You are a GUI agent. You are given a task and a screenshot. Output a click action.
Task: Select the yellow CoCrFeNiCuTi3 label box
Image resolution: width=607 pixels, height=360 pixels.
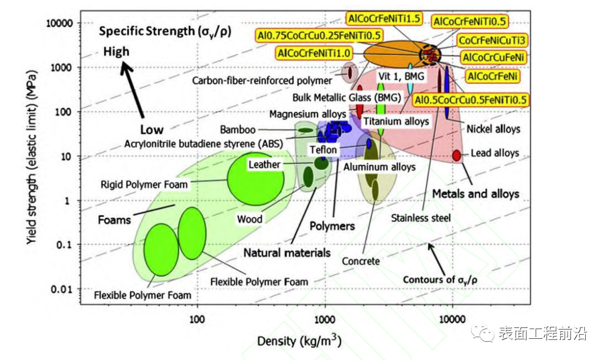click(x=493, y=40)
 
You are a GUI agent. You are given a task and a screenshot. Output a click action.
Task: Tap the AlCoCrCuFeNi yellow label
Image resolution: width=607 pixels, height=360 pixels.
click(x=494, y=58)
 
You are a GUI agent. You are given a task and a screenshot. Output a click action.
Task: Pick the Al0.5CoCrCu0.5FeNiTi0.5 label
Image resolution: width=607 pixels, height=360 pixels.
click(x=470, y=100)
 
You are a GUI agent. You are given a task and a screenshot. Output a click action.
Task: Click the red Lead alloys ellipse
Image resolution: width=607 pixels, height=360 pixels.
click(x=457, y=155)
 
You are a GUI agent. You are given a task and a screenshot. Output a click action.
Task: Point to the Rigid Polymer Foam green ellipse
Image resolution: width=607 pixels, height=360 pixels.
click(x=252, y=179)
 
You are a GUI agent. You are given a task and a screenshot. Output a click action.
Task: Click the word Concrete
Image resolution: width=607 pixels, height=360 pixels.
click(x=361, y=261)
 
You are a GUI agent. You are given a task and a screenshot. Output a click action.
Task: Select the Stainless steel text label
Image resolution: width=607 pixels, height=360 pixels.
click(x=421, y=218)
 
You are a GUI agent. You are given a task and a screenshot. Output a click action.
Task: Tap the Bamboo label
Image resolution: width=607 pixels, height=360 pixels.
click(x=237, y=130)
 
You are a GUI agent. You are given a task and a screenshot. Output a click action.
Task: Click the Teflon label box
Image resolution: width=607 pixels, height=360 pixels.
click(x=324, y=150)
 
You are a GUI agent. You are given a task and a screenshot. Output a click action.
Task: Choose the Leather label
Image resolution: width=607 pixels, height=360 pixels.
click(x=265, y=165)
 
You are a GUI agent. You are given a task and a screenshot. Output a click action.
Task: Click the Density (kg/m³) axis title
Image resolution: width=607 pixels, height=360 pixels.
click(x=299, y=342)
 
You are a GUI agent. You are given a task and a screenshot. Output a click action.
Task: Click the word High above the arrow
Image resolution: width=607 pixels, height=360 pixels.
click(x=116, y=52)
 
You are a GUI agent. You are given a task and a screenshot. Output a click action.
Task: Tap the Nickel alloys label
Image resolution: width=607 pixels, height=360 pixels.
click(x=493, y=129)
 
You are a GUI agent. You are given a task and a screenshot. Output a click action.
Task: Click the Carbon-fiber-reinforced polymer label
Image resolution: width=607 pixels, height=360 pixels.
click(x=262, y=81)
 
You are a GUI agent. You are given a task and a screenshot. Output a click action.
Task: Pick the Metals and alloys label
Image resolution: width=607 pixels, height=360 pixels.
click(x=476, y=194)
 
